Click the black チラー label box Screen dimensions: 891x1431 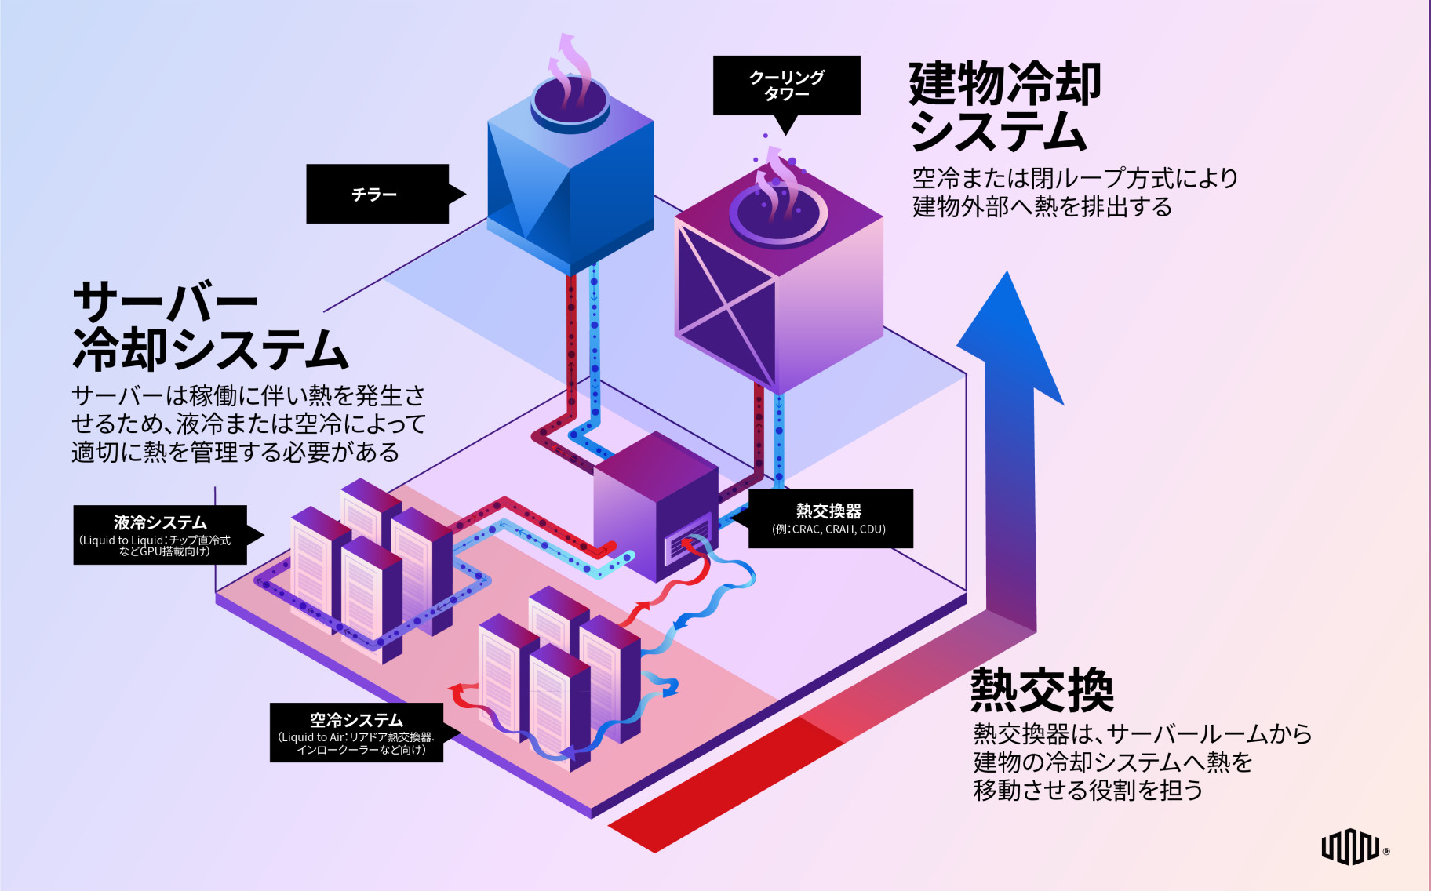(x=377, y=194)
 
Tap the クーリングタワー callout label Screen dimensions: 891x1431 (x=786, y=85)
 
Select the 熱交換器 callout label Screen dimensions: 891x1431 (x=830, y=518)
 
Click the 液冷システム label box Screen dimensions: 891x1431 (x=160, y=534)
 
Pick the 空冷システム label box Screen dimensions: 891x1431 (x=356, y=732)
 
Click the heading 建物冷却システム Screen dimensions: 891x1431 (x=1004, y=107)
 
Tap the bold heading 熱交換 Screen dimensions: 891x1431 (x=1042, y=690)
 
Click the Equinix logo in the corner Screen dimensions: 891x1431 (x=1351, y=847)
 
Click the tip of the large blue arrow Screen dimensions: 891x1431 (x=1007, y=279)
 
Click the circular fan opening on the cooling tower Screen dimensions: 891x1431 (x=777, y=212)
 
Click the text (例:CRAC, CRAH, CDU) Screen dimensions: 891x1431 (x=828, y=529)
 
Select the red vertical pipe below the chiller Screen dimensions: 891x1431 (x=571, y=337)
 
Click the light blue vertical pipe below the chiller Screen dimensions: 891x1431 (x=594, y=337)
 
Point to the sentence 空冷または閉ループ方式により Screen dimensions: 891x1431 (x=1075, y=179)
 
